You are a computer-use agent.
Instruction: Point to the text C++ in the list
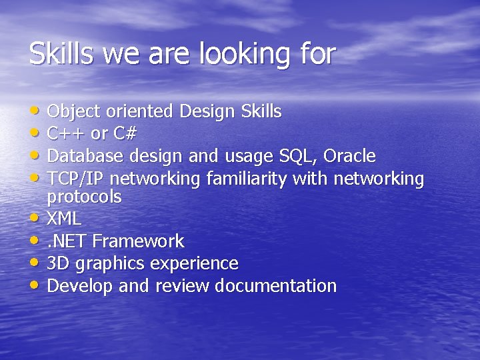pyautogui.click(x=67, y=133)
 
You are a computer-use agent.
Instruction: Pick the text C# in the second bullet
pyautogui.click(x=125, y=133)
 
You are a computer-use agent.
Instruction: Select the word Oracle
pyautogui.click(x=349, y=156)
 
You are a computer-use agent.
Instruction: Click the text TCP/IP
pyautogui.click(x=76, y=179)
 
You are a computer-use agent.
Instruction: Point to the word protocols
pyautogui.click(x=84, y=197)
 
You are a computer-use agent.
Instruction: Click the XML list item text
pyautogui.click(x=64, y=218)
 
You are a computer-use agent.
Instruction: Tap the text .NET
pyautogui.click(x=67, y=241)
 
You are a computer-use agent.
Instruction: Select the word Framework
pyautogui.click(x=138, y=241)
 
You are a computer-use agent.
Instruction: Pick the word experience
pyautogui.click(x=194, y=264)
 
